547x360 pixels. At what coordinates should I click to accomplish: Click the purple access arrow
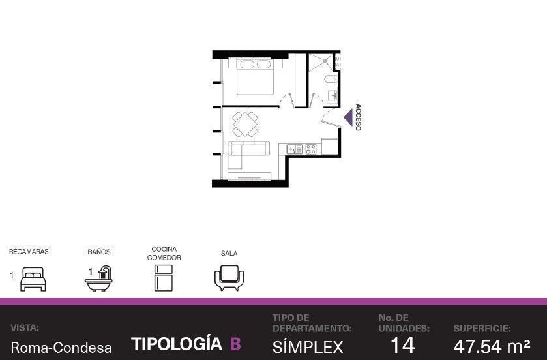coord(349,117)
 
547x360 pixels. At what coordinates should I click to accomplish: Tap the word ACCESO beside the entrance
coord(358,117)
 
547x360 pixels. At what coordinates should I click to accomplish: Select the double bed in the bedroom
coord(255,76)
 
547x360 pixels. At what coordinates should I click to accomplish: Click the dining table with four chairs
coord(245,124)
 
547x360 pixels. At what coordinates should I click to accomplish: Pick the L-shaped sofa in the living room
coord(244,152)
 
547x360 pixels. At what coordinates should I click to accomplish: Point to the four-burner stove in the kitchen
coord(311,149)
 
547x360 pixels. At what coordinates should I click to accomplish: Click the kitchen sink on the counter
coord(295,149)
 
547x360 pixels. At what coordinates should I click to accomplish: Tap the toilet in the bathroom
coord(331,79)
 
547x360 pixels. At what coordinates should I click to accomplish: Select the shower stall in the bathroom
coord(321,63)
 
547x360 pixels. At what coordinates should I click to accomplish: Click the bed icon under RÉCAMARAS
coord(33,279)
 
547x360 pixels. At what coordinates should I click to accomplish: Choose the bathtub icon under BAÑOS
coord(98,278)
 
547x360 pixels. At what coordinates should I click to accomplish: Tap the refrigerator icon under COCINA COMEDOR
coord(164,278)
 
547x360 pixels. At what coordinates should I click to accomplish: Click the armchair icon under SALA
coord(229,278)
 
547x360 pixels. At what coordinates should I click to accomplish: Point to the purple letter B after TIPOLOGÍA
coord(235,344)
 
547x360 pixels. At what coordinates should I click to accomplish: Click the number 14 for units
coord(403,346)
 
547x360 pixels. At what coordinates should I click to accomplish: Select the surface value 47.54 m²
coord(492,346)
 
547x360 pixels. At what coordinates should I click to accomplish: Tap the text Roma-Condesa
coord(61,348)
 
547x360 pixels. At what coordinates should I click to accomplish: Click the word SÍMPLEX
coord(308,347)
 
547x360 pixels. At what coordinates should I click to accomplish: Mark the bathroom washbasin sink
coord(332,94)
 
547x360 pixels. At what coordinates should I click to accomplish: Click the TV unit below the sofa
coord(250,177)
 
